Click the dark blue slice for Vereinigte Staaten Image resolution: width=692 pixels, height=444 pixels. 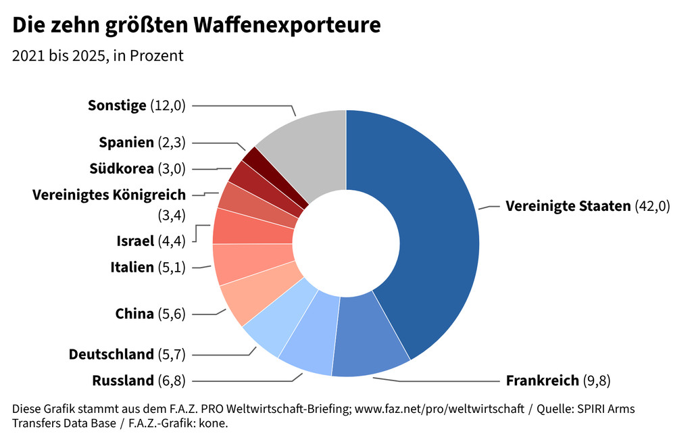[x=432, y=223]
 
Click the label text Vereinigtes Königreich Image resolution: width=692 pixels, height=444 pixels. [x=109, y=195]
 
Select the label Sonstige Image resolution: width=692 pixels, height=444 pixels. [x=117, y=105]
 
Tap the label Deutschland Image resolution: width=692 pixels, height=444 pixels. [x=112, y=354]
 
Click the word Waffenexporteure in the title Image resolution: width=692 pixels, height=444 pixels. [x=287, y=25]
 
